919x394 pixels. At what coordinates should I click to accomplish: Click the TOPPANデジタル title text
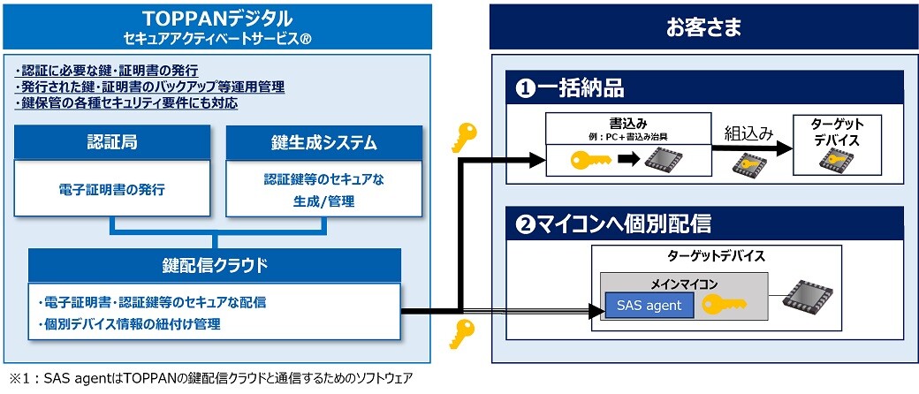click(217, 19)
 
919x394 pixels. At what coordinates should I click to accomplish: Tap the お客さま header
click(704, 27)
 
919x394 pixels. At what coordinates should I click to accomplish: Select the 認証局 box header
click(112, 142)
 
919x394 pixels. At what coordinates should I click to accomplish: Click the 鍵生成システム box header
click(323, 142)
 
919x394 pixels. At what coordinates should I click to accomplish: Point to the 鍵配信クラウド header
click(215, 266)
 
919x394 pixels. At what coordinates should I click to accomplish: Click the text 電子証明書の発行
click(112, 190)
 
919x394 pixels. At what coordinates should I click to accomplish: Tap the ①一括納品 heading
click(570, 88)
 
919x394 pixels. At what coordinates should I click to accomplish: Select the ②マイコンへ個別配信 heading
click(613, 224)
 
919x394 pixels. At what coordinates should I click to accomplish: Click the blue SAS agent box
click(649, 306)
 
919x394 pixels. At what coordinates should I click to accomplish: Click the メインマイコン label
click(684, 284)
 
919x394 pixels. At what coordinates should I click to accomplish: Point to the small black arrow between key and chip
click(628, 159)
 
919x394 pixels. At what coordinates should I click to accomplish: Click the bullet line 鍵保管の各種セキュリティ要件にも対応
click(127, 103)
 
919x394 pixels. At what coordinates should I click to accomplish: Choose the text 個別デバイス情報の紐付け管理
click(129, 324)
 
